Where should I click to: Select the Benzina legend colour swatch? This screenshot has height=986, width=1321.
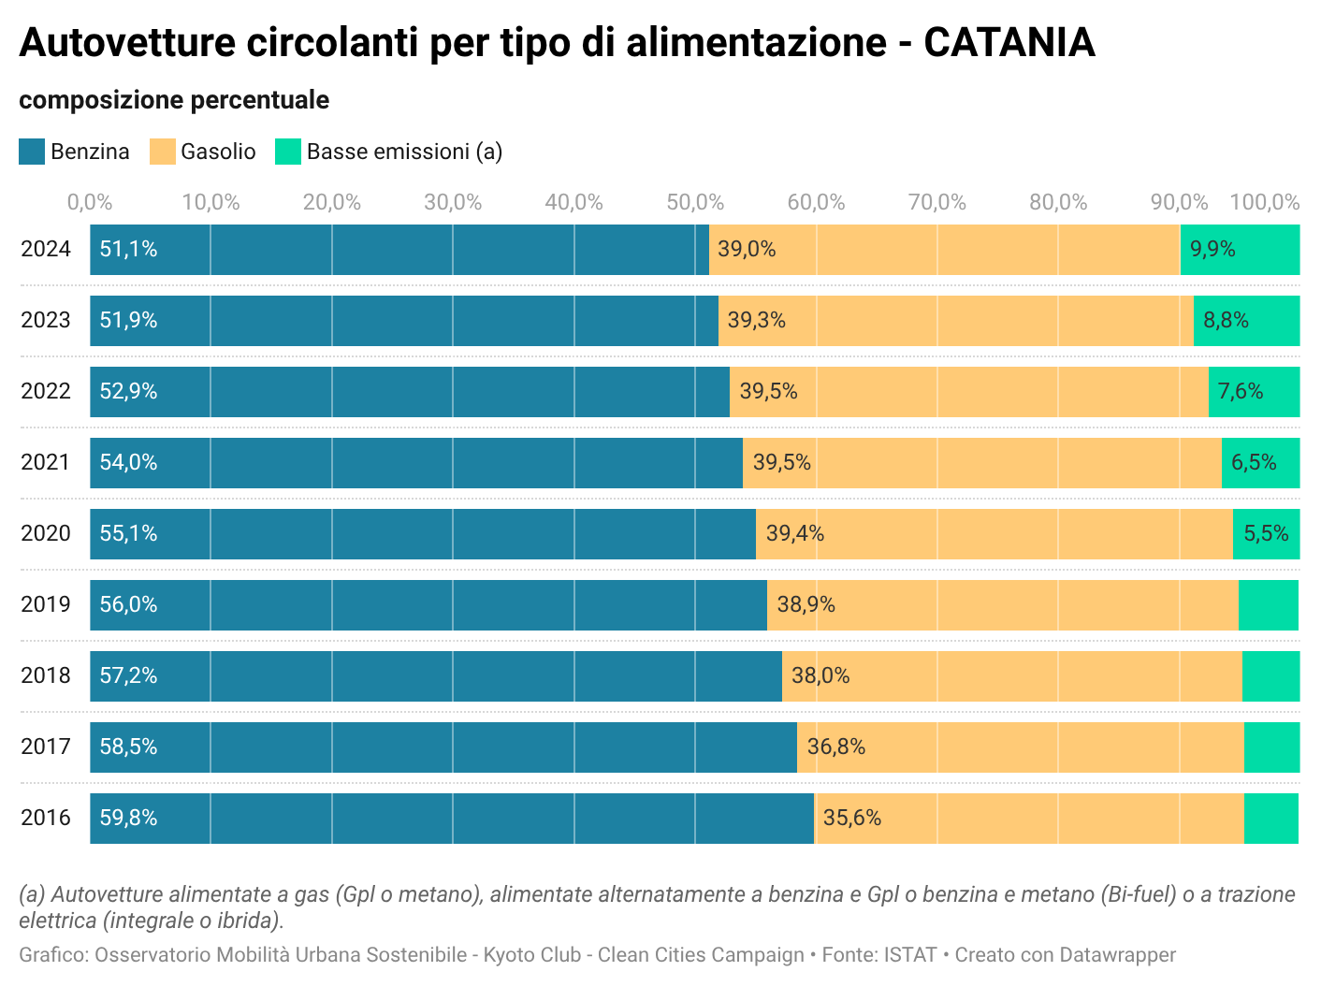[32, 152]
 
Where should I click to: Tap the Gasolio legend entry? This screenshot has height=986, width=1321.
[217, 152]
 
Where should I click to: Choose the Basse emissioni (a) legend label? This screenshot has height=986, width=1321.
[404, 152]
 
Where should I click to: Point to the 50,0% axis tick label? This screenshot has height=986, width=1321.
[695, 202]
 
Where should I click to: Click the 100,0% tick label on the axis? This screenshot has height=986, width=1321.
[1264, 202]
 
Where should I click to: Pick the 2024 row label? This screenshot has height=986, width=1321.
[46, 249]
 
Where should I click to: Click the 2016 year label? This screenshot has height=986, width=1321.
[46, 818]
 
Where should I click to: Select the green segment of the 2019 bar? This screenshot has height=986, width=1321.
[1269, 605]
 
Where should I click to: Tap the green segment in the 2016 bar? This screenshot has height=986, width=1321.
[1271, 819]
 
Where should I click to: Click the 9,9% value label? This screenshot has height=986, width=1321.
[1212, 249]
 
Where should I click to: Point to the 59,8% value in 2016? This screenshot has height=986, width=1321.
[128, 818]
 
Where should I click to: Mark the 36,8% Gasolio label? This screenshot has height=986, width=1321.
[835, 747]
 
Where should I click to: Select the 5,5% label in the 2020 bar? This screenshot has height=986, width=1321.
[1266, 533]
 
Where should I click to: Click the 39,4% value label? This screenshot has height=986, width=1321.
[794, 533]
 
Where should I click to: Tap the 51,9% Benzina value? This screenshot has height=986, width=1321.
[128, 320]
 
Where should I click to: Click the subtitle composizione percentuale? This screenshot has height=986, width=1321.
[174, 100]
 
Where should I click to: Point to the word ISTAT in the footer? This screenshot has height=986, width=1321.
[909, 955]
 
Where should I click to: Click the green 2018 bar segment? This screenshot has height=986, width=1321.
[1270, 676]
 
